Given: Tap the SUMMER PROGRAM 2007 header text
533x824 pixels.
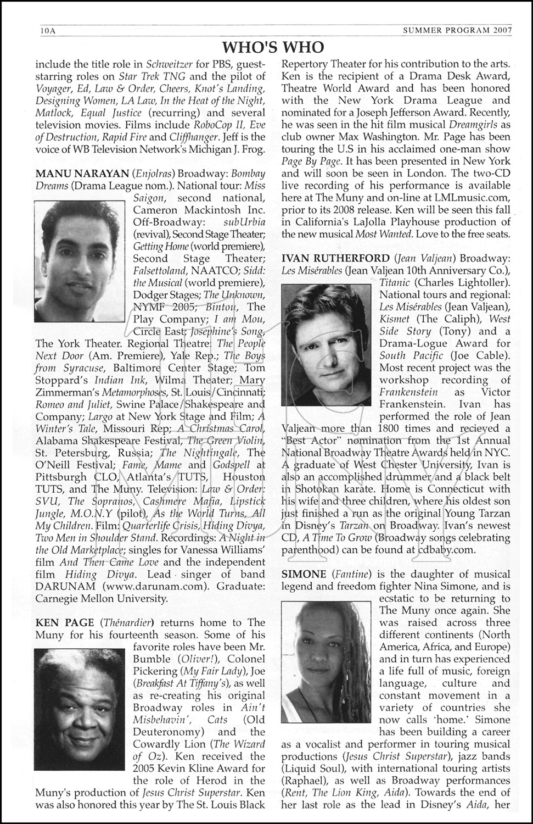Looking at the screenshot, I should click(x=464, y=30).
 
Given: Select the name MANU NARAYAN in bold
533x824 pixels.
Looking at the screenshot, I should click(x=72, y=173).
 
